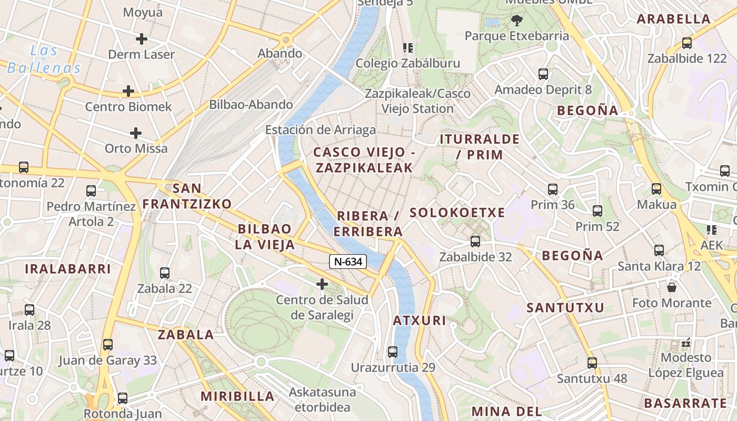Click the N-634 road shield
tap(348, 261)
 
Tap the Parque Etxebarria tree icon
tap(516, 21)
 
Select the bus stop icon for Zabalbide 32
tap(475, 242)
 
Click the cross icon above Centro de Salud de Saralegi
tap(322, 285)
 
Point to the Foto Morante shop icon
tap(671, 287)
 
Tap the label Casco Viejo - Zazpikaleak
tap(363, 160)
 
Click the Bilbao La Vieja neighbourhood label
tap(264, 236)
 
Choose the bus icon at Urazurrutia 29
tap(392, 352)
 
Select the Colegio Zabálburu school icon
tap(407, 48)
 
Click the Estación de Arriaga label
tap(320, 130)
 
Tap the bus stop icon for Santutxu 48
tap(592, 363)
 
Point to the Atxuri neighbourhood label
tap(420, 320)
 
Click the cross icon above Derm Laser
tap(141, 38)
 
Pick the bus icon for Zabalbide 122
tap(686, 43)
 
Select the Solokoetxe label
tap(457, 213)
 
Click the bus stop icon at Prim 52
tap(597, 211)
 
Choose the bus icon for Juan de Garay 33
tap(107, 345)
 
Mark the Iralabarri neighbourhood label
tap(68, 269)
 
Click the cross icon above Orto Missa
tap(136, 133)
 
